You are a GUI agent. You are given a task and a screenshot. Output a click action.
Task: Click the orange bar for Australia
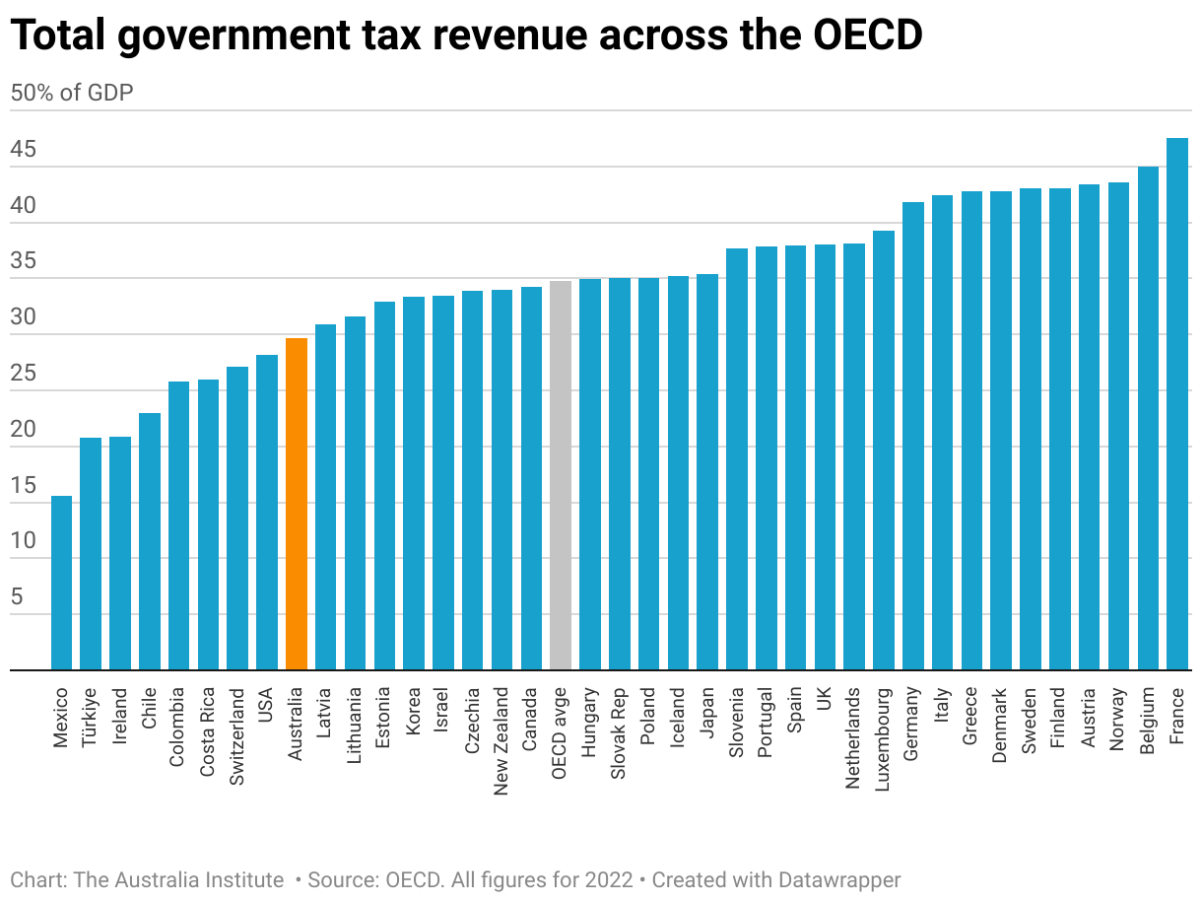(297, 504)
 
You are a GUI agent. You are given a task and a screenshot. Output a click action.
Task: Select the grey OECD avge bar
(561, 475)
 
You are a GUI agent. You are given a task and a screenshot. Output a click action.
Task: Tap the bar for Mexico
(61, 583)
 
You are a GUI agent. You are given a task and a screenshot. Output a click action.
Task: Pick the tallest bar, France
(1177, 404)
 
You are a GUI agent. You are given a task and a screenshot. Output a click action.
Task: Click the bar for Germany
(913, 436)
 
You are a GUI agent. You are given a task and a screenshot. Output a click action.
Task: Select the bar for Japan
(707, 472)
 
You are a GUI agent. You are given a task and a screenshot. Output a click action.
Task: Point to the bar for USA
(267, 513)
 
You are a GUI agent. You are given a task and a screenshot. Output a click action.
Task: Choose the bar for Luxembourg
(884, 451)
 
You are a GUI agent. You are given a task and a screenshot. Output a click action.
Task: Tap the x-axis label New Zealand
(501, 742)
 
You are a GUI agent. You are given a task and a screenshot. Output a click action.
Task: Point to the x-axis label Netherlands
(854, 739)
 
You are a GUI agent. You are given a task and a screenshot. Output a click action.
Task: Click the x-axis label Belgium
(1148, 721)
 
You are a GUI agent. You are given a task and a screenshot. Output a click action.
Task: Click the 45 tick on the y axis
(24, 151)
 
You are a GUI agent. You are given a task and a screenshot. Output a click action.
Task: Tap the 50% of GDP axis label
(71, 93)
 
